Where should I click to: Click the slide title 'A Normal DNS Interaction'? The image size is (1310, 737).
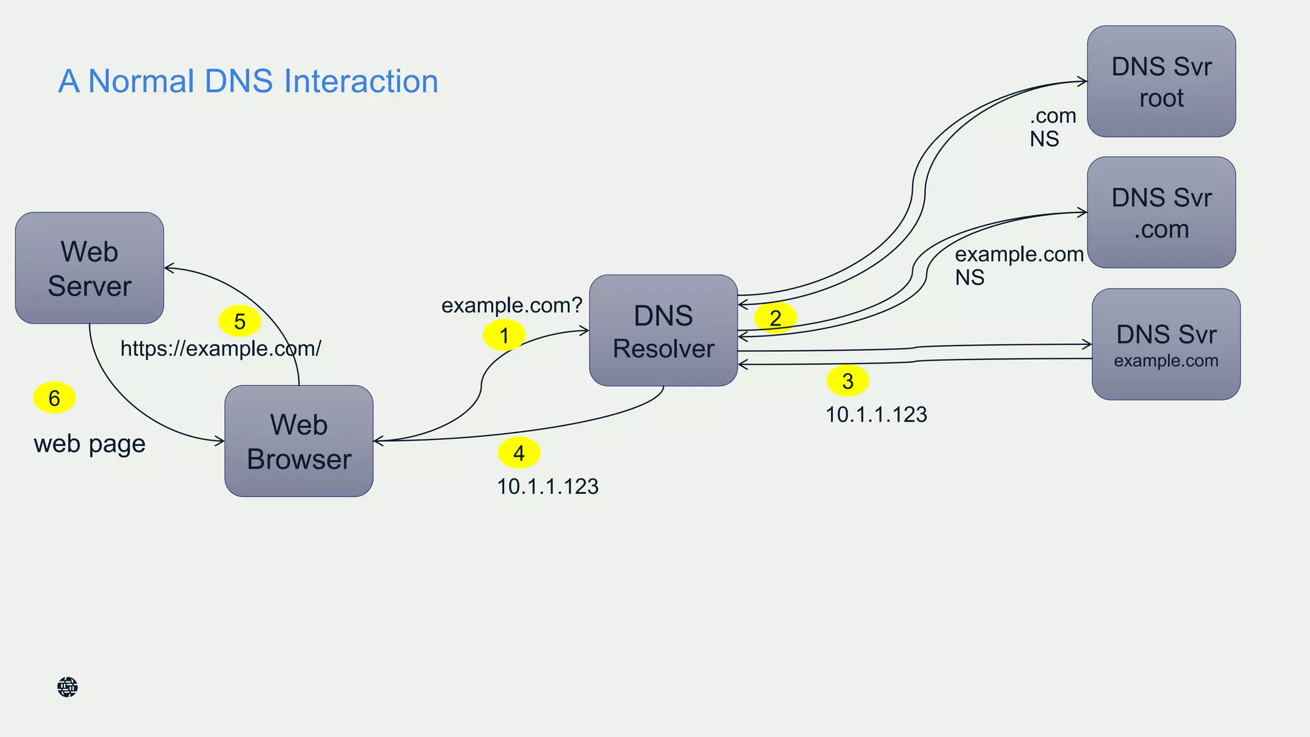pos(248,81)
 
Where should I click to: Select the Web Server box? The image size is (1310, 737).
pos(90,268)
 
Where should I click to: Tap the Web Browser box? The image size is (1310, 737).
pos(299,441)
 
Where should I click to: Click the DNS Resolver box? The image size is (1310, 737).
pos(663,331)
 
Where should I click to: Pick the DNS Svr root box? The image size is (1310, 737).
pos(1161,81)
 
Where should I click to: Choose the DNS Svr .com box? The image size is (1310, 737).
pos(1161,212)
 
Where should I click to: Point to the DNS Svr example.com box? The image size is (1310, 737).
pos(1165,344)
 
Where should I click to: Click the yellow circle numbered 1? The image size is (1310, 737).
pos(504,335)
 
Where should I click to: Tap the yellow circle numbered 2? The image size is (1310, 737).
pos(775,318)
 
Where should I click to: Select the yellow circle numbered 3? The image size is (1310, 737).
pos(848,381)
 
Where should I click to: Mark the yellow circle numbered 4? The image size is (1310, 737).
pos(519,453)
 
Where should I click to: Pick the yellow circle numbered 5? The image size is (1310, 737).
pos(240,321)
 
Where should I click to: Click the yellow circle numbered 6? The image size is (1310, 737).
pos(54,398)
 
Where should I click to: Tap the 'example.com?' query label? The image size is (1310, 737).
pos(512,305)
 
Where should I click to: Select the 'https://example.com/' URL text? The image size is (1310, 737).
pos(221,349)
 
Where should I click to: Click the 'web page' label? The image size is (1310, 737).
pos(90,444)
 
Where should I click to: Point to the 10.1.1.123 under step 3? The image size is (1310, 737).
pos(876,415)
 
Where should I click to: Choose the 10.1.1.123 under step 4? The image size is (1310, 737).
pos(548,487)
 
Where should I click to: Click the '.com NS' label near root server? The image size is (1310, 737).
pos(1052,127)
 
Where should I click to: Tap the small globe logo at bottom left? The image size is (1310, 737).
pos(67,687)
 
